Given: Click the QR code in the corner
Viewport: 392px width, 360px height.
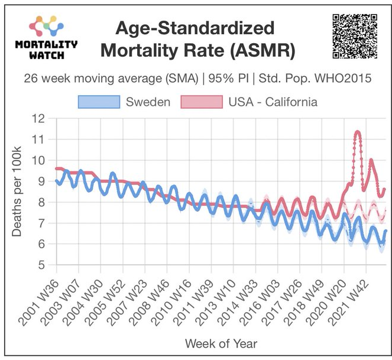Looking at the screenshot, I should click(355, 35).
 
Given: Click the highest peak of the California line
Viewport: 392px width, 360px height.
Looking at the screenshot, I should click(357, 132).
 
